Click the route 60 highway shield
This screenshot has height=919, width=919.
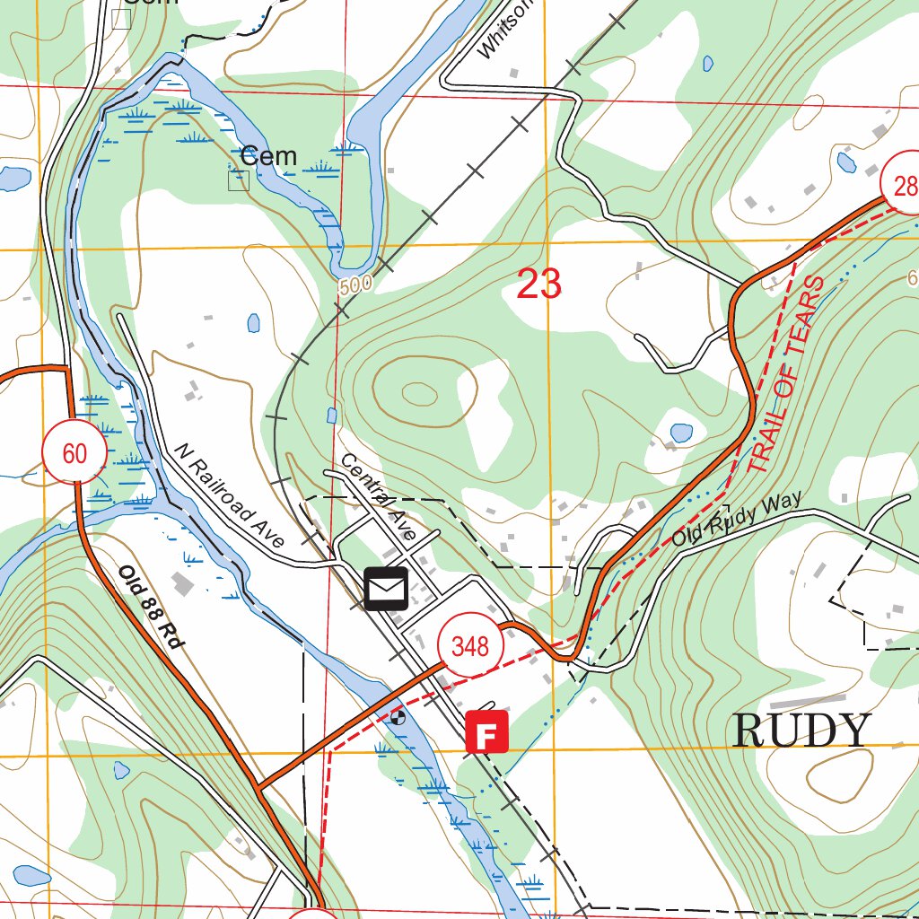click(74, 453)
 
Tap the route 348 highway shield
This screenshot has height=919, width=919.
click(470, 646)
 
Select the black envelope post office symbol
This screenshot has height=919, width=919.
click(386, 588)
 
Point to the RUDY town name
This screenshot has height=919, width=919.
click(802, 731)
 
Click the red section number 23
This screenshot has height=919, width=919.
click(539, 284)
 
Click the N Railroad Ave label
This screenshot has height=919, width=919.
click(230, 495)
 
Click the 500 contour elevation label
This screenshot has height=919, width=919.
click(355, 285)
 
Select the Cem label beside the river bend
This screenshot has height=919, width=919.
click(268, 156)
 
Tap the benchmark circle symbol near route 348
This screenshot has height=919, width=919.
click(398, 717)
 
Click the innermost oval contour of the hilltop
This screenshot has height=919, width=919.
click(418, 392)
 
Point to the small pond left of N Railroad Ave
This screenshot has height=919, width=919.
click(254, 321)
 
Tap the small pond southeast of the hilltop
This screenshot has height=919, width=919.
click(681, 433)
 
